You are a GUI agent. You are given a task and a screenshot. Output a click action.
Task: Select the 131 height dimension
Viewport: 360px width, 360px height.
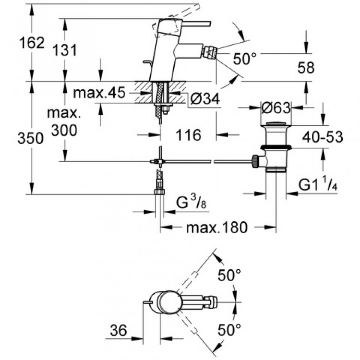click(x=64, y=49)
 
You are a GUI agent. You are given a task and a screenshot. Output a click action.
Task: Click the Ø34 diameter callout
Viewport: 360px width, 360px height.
click(x=204, y=99)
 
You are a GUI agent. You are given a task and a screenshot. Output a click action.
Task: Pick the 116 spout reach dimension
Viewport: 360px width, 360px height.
click(x=187, y=135)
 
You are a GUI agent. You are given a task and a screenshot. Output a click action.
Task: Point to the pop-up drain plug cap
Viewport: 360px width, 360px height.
click(x=276, y=126)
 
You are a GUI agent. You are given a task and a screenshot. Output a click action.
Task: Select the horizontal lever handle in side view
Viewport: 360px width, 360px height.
click(x=194, y=24)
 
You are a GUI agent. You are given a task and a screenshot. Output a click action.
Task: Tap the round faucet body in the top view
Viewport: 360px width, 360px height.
click(x=165, y=302)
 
